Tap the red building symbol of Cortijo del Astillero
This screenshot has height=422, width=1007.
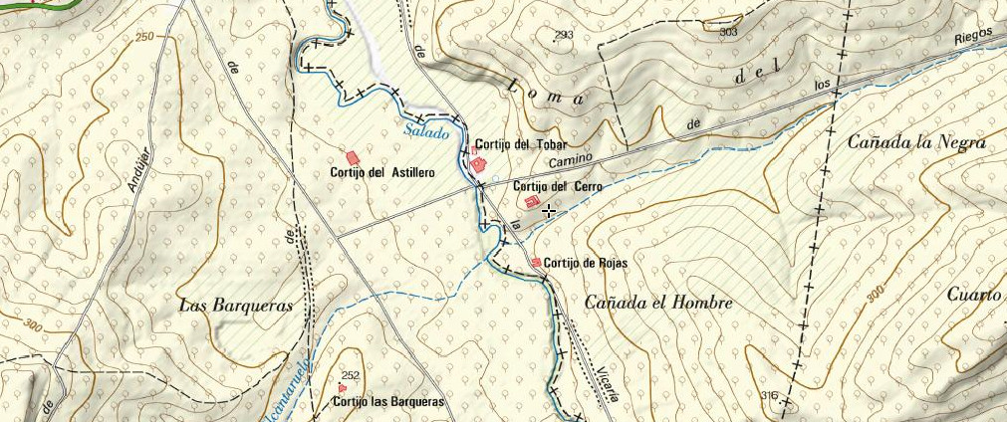point(352,157)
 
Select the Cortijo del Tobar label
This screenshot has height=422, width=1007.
point(520,144)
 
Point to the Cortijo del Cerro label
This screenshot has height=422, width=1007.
point(558,186)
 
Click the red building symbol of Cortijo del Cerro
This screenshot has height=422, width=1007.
point(531,202)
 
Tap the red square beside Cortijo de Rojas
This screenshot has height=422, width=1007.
point(537,262)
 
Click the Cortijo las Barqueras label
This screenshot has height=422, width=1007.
point(388,402)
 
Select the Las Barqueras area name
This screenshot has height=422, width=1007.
point(236,306)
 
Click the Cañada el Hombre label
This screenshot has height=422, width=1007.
point(658,303)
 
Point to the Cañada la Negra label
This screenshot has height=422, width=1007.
point(915,143)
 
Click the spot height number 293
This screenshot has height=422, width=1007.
point(564,36)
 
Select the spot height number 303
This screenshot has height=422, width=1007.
point(728,32)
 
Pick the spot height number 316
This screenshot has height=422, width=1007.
point(768,396)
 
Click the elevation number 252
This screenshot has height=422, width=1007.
point(349,376)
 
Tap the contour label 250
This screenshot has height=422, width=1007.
point(145,37)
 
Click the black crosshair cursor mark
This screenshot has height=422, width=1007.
point(548,210)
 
